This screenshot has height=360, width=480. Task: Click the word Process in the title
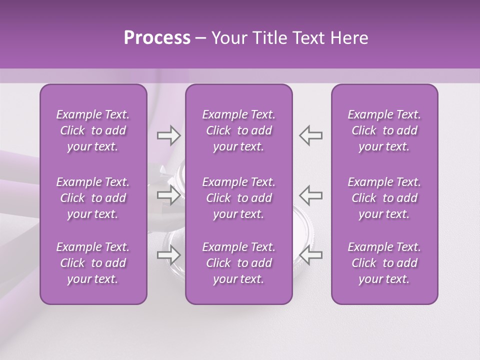(x=157, y=38)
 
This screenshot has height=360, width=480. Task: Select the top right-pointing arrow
(x=168, y=135)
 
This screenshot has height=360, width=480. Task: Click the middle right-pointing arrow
(x=168, y=195)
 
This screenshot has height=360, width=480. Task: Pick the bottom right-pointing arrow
(x=168, y=255)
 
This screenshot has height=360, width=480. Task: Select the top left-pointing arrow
(x=311, y=135)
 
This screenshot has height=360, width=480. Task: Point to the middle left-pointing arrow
(x=311, y=195)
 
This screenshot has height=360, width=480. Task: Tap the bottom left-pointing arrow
(x=311, y=255)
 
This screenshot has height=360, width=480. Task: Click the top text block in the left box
(x=93, y=130)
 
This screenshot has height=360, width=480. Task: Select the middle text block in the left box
(x=93, y=198)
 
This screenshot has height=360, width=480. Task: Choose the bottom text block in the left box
(x=93, y=263)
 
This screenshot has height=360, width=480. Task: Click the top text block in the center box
(x=239, y=130)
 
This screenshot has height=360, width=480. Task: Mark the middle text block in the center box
(x=239, y=198)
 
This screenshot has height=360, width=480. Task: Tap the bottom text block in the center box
(x=239, y=263)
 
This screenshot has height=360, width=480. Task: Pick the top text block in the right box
(x=384, y=130)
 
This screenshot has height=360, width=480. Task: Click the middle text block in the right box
(x=384, y=198)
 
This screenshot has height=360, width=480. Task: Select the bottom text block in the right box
(x=384, y=263)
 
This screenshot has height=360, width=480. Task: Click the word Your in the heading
(x=229, y=38)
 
